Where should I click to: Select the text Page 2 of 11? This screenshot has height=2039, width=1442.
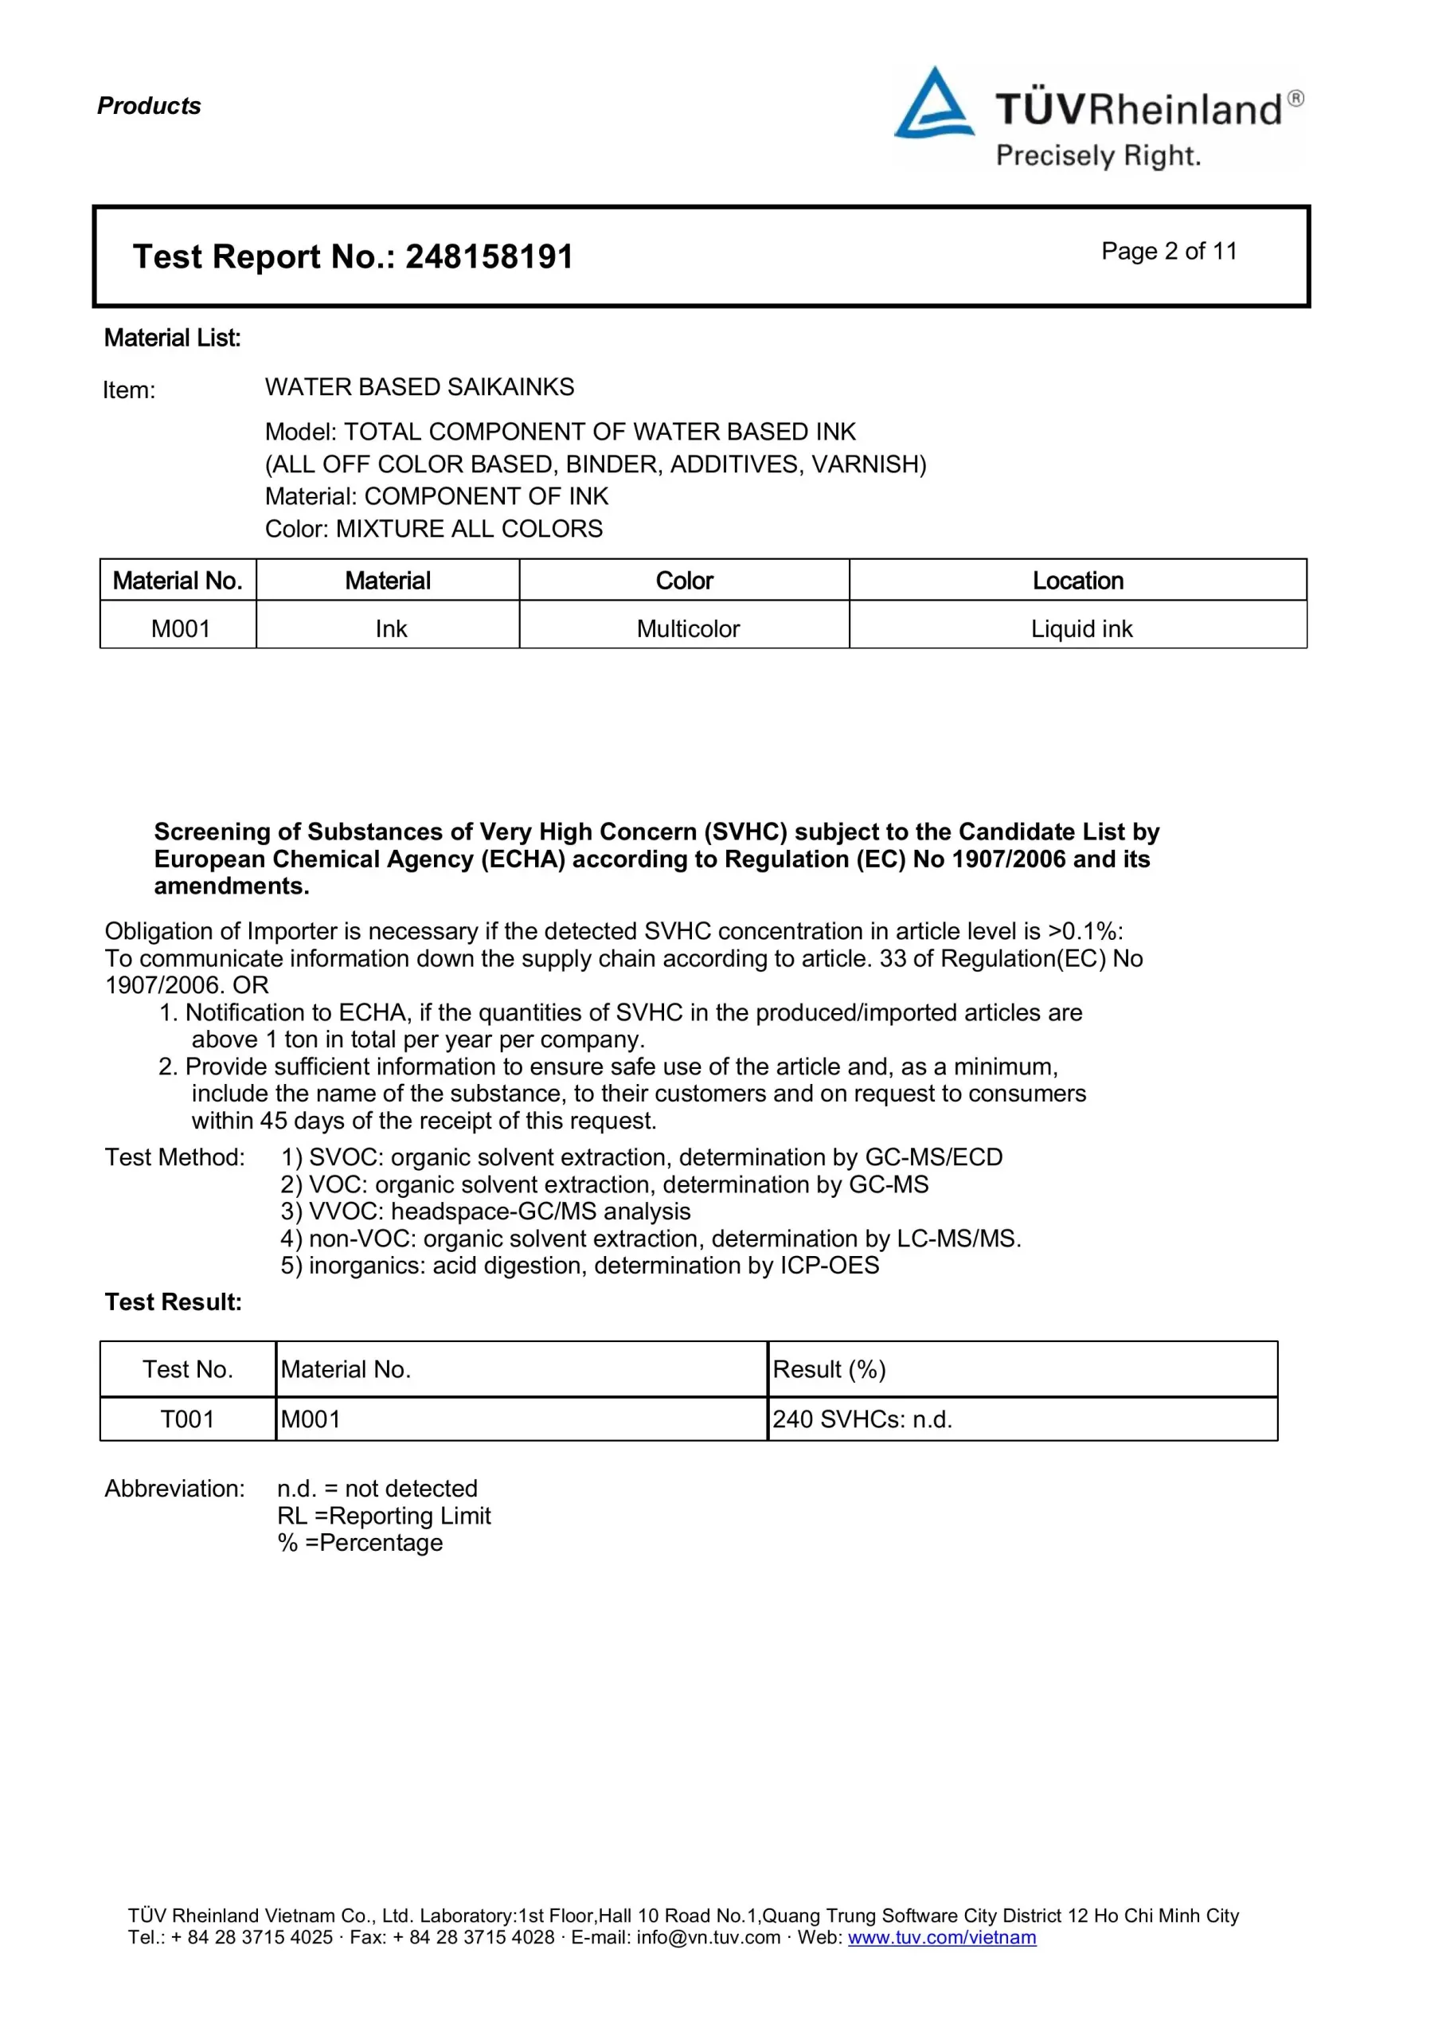coord(1169,252)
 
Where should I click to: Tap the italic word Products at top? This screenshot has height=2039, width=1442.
coord(149,106)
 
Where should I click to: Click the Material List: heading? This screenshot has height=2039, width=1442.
coord(172,338)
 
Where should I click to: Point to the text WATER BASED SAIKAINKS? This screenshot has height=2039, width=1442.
coord(419,387)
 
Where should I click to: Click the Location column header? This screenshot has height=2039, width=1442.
coord(1077,581)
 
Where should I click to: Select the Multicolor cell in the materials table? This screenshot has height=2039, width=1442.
coord(687,628)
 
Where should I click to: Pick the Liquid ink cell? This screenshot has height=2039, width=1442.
coord(1081,628)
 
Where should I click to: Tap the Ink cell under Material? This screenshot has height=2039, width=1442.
coord(391,628)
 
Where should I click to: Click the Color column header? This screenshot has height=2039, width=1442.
coord(684,581)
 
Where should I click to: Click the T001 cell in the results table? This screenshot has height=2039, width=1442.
coord(187,1419)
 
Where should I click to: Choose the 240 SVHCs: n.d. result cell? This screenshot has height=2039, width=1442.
coord(862,1419)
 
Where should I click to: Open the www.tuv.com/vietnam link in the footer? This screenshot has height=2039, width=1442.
coord(941,1937)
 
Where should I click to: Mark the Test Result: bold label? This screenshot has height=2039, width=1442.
coord(173,1302)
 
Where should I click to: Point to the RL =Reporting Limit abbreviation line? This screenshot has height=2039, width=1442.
coord(384,1516)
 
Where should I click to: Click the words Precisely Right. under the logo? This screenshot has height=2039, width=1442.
coord(1097,156)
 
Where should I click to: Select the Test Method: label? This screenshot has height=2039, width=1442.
coord(175,1157)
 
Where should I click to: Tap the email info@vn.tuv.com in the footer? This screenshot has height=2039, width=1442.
coord(708,1937)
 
